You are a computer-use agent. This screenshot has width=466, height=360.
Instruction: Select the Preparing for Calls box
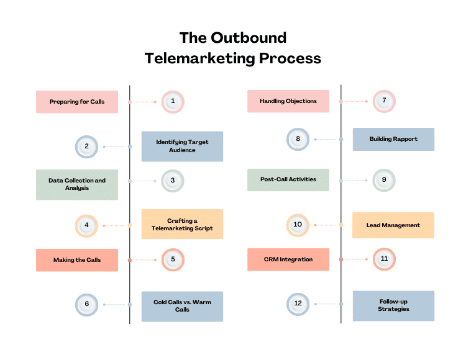[77, 102]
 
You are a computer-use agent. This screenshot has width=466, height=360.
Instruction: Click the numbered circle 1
[173, 101]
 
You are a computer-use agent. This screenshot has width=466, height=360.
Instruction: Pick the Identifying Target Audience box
[182, 146]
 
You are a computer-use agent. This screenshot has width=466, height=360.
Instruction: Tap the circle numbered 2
[86, 146]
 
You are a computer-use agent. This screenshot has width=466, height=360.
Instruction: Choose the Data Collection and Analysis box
[77, 184]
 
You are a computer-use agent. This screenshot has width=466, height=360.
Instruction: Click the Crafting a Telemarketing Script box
[182, 224]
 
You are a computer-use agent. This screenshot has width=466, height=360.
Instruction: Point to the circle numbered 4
[86, 225]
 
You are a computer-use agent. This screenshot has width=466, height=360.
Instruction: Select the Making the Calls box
[77, 260]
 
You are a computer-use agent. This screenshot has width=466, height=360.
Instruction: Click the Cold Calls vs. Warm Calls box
[182, 306]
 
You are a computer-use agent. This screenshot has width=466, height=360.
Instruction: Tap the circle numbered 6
[86, 304]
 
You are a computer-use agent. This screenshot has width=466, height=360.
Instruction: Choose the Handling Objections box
[288, 101]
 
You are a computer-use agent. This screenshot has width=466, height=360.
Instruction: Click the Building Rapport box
[393, 139]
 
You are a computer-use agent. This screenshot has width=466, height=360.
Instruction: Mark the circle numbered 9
[384, 180]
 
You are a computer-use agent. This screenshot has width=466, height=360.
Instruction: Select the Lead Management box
[393, 225]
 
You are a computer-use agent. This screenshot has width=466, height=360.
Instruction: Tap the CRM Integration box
[288, 259]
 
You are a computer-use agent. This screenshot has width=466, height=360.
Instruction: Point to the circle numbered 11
[384, 259]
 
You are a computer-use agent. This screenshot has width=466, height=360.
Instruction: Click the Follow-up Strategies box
[393, 305]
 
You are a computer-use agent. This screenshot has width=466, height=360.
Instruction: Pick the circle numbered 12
[298, 304]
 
